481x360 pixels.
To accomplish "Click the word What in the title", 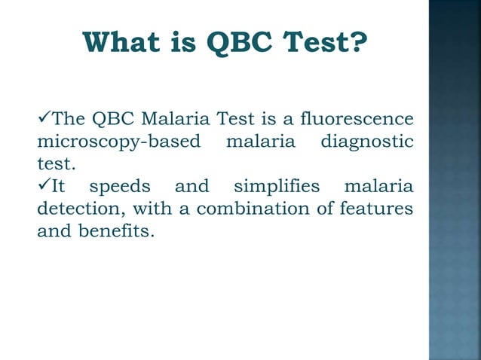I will tap(122, 44).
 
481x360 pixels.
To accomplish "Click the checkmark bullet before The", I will tap(44, 119).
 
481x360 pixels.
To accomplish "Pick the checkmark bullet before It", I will tap(44, 185).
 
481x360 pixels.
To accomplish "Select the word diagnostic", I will tap(367, 142).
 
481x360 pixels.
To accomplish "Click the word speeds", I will tap(120, 186).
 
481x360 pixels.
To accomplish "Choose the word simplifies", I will tap(277, 186).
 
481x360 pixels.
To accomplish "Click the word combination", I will tap(240, 208).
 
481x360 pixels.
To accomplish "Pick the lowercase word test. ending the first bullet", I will tap(53, 163).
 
